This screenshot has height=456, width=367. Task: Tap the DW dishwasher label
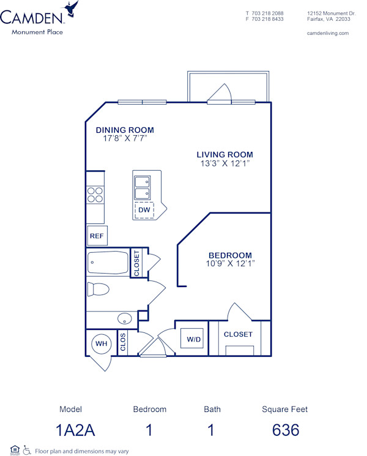coord(144,210)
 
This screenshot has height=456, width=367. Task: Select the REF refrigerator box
coord(96,236)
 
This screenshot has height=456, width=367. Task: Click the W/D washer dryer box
coord(194,338)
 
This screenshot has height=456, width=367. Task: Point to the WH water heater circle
coord(100,344)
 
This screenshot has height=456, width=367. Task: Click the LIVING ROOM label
coord(224,154)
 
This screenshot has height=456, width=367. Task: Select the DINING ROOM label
coord(125,130)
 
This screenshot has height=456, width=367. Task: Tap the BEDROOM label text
coord(230,255)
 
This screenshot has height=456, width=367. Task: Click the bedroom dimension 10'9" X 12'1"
coord(231,263)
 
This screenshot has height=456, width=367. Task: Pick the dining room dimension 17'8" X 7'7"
coord(125,138)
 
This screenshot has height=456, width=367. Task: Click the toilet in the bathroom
coord(98,288)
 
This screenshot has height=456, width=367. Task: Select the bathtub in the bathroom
coord(108,263)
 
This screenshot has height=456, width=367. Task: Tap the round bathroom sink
coord(125,319)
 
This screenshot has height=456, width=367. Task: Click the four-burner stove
coord(95,195)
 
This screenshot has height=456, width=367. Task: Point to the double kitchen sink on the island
coord(143,187)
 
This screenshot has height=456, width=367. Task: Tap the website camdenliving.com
coord(327,33)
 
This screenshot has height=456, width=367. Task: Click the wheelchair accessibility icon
coord(26,450)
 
